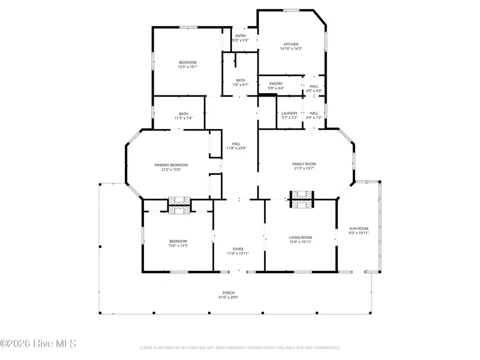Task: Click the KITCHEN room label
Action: pos(291,44)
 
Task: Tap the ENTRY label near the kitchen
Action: pos(241,36)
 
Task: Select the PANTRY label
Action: pos(276,84)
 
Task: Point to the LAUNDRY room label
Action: pos(289,113)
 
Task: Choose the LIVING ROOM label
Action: pos(300,237)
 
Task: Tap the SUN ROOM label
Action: pos(358,228)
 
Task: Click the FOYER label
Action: pos(238,249)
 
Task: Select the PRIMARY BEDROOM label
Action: pos(171,165)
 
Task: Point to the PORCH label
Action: pos(228,293)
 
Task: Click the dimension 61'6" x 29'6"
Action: pos(228,298)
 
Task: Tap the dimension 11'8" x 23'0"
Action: pos(236,148)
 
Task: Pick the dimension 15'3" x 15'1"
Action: pos(187,67)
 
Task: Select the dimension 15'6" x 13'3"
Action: pos(178,245)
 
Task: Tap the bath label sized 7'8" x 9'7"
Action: pos(241,80)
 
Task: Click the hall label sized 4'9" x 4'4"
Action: pos(314,86)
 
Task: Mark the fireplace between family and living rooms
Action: pos(302,199)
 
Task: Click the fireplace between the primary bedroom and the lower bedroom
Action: pos(179,205)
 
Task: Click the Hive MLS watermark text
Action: pos(38,343)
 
